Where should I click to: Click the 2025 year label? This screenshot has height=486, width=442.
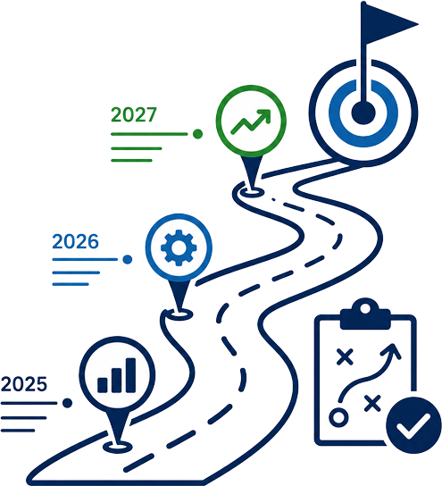pos(24,384)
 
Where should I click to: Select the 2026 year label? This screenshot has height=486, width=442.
pos(75,241)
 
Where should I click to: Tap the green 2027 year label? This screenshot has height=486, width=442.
pos(134,114)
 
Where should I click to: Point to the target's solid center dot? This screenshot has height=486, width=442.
pos(363,113)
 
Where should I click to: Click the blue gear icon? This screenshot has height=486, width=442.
pos(179,247)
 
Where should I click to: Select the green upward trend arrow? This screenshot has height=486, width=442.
pos(251,121)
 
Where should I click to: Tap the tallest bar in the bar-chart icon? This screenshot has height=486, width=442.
pos(130,375)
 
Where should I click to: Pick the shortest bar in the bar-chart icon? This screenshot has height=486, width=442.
pos(103,385)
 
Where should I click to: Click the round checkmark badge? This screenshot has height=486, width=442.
pos(413,425)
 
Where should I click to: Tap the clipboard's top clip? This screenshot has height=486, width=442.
pos(365,314)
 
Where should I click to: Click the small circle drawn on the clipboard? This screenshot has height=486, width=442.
pos(338,417)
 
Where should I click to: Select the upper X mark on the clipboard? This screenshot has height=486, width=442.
pos(345,356)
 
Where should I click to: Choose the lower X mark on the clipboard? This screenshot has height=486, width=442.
pos(372,403)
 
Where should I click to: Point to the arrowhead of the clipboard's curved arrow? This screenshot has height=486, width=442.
pos(392,351)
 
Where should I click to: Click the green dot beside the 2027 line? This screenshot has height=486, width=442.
pos(197,134)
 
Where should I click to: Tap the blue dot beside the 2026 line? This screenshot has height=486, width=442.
pos(128,259)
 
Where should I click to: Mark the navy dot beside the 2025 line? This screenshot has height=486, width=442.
pos(67,403)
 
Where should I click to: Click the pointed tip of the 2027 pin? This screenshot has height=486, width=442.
pos(253,189)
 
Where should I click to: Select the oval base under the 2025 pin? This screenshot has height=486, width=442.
pos(117,447)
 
